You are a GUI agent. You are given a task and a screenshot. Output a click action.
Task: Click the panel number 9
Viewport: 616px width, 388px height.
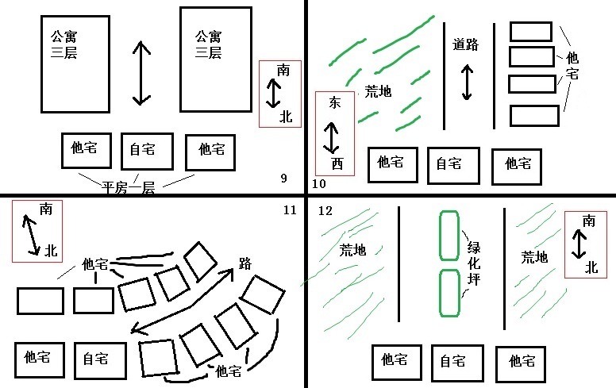tap(283, 178)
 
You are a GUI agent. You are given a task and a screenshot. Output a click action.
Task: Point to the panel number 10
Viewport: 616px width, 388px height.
tap(319, 184)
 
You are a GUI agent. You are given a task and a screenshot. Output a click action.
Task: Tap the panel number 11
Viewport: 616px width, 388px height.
tap(289, 209)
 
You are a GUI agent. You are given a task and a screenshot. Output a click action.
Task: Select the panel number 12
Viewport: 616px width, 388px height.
tap(325, 210)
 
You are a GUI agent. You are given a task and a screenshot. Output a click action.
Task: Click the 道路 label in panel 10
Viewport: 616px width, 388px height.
tap(466, 44)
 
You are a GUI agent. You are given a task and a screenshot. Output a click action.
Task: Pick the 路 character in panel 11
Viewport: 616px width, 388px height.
tap(244, 264)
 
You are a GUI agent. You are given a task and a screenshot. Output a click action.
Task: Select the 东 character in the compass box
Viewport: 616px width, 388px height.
tap(335, 102)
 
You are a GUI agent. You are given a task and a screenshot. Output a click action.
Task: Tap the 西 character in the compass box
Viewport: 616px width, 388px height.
tap(337, 164)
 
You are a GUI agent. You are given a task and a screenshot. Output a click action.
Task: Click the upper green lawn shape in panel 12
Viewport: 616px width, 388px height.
tap(450, 235)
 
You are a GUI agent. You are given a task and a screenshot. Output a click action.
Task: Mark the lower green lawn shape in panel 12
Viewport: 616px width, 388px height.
tap(449, 294)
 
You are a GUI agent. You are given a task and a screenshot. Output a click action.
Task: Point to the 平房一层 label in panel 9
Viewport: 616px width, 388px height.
tap(129, 188)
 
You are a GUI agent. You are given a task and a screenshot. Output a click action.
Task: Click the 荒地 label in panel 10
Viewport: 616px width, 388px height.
tap(378, 91)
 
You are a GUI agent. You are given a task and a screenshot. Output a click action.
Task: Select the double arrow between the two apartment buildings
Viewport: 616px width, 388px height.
tap(141, 73)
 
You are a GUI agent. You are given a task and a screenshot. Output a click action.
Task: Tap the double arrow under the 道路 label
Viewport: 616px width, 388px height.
tap(466, 81)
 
